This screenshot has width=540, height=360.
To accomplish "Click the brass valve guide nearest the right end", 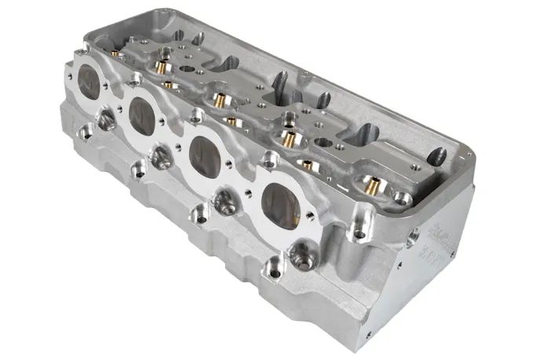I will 372,185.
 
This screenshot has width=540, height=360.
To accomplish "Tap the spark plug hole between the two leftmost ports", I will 105,119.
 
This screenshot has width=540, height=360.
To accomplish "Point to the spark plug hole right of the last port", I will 301,251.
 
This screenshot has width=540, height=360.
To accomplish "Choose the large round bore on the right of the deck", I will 324,144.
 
